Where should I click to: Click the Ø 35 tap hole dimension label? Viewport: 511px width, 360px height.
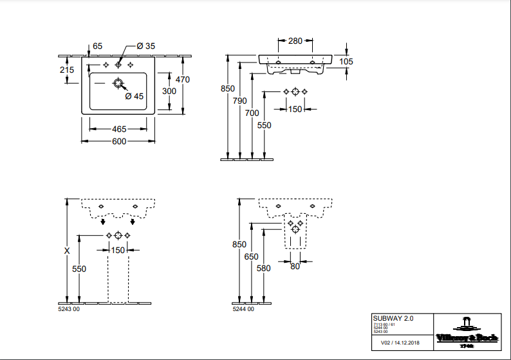(x=146, y=46)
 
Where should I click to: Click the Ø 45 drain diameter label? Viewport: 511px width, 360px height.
(x=134, y=96)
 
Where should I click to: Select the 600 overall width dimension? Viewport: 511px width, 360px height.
(x=119, y=141)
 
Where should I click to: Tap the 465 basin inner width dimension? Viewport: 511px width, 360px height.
(x=119, y=129)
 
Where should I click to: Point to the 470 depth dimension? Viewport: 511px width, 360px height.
(x=183, y=80)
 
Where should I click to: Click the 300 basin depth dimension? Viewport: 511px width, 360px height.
(x=169, y=91)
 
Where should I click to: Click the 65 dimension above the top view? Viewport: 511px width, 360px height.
(x=98, y=46)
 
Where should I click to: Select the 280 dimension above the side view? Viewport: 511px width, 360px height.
(x=295, y=41)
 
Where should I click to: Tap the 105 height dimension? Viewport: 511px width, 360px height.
(x=346, y=61)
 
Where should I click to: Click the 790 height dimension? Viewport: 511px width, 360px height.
(x=239, y=100)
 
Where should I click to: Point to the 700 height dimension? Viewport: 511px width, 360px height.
(x=252, y=113)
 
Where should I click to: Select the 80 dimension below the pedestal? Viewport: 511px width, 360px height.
(x=295, y=267)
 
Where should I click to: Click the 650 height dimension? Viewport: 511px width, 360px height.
(x=252, y=256)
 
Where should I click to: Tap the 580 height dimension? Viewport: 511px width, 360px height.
(x=265, y=269)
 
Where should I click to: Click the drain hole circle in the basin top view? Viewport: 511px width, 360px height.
(x=118, y=83)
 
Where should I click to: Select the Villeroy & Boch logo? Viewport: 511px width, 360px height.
(x=467, y=331)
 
